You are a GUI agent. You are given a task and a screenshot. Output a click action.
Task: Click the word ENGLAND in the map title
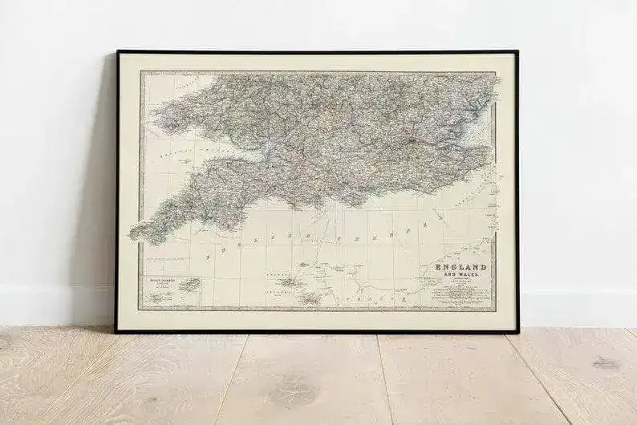461,267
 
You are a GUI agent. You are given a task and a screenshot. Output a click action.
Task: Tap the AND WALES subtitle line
461,275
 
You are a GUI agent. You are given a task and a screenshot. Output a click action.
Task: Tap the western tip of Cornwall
133,233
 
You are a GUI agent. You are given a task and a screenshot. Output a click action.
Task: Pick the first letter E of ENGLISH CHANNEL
208,253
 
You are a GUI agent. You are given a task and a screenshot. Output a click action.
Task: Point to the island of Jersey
309,299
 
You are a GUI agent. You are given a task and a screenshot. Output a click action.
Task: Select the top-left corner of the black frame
118,52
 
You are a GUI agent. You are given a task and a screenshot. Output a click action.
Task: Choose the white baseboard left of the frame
56,306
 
